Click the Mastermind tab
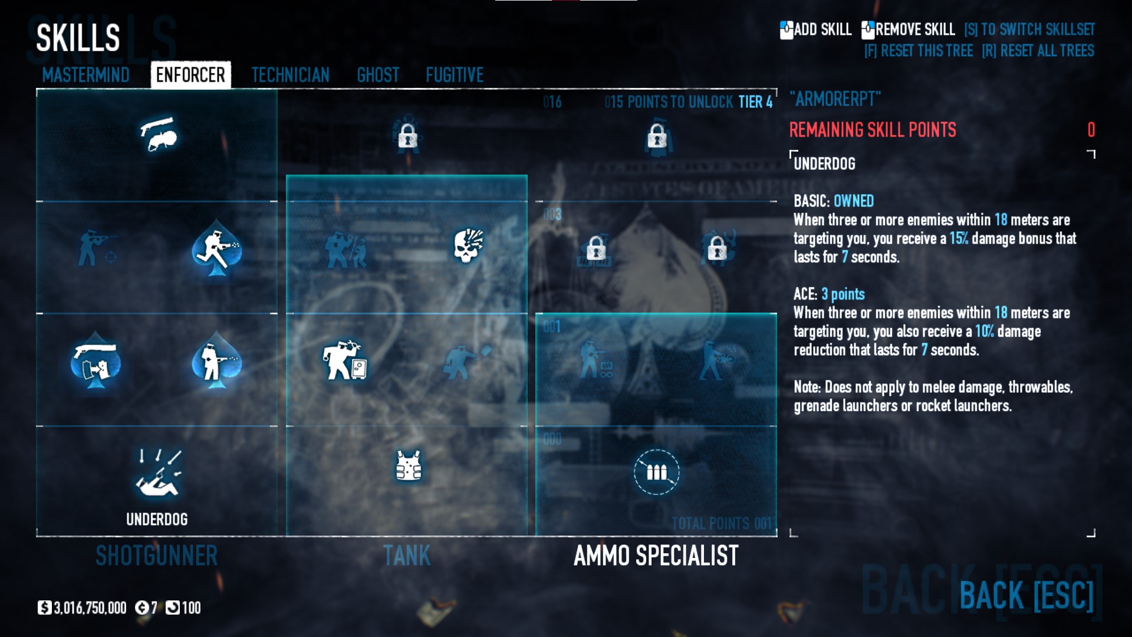85,75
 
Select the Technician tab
290,75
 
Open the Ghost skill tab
378,75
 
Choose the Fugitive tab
455,75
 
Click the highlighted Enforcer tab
190,75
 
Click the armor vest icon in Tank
408,466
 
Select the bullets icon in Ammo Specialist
656,472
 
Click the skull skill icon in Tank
468,245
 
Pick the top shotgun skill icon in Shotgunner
159,134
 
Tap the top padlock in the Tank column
407,137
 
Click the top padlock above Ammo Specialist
657,137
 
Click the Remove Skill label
914,29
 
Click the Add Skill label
822,29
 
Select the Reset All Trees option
1038,51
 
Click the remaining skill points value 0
1091,130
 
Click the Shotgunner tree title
157,556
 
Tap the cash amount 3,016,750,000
90,608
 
